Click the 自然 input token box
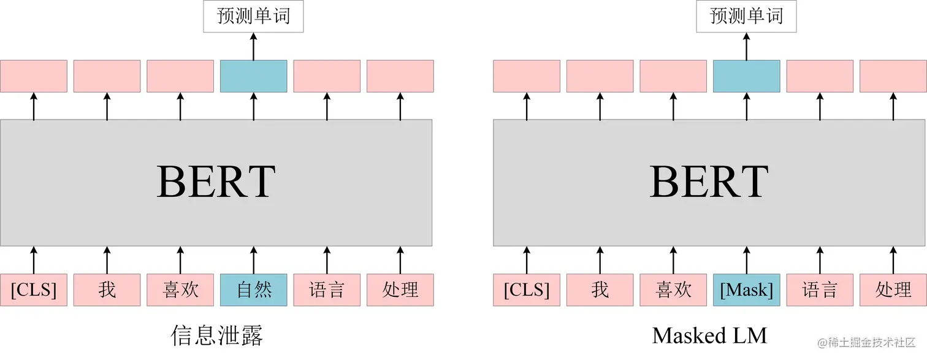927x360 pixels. tap(253, 289)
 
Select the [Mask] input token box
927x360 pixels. tap(746, 289)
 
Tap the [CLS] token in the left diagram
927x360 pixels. tap(34, 289)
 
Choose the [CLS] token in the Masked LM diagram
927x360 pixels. tap(527, 289)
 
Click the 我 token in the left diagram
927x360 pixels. tap(107, 289)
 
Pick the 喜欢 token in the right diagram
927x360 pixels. tap(673, 289)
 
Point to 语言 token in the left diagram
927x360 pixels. tap(327, 289)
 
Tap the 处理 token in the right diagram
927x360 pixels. tap(893, 289)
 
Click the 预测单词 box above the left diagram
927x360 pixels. tap(254, 17)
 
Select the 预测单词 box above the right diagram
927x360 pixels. tap(746, 17)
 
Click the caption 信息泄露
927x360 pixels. tap(217, 335)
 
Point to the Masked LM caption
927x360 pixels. tap(709, 335)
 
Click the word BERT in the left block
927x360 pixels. tap(216, 182)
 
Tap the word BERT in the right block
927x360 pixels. tap(709, 182)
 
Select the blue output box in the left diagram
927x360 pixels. tap(253, 76)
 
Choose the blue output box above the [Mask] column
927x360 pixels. tap(746, 76)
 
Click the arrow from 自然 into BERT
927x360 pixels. tap(253, 260)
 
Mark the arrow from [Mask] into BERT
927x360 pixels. tap(746, 260)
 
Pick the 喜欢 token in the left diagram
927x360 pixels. tap(180, 289)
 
